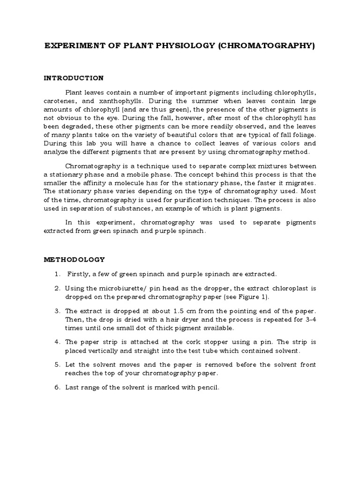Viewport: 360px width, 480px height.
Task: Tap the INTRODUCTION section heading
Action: point(74,78)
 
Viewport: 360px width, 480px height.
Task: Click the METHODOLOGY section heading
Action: point(75,259)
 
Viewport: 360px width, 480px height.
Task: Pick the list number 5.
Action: point(57,365)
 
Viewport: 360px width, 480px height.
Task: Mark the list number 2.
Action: point(57,288)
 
